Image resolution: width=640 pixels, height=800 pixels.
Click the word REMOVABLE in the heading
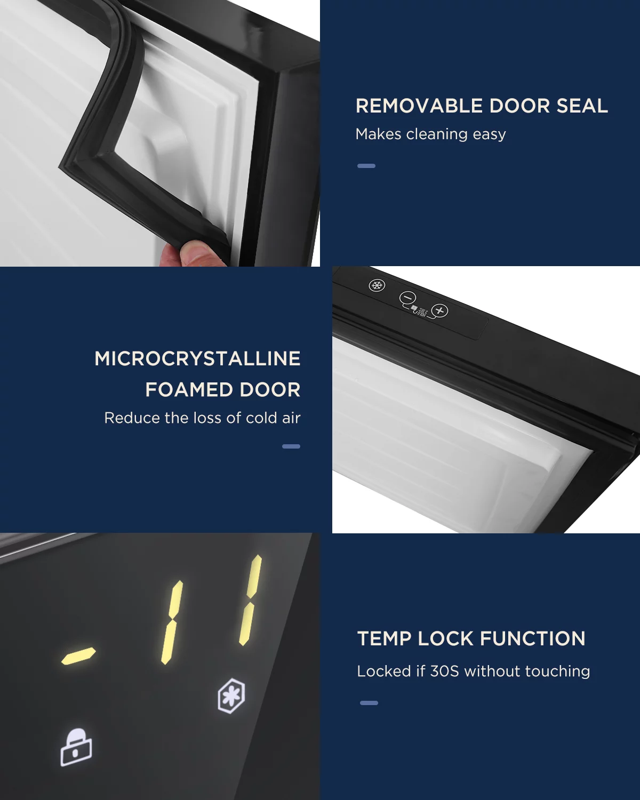click(419, 106)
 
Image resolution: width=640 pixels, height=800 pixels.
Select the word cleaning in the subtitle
click(437, 134)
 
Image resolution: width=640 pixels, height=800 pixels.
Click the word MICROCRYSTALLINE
click(197, 359)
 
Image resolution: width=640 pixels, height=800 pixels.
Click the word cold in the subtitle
click(261, 418)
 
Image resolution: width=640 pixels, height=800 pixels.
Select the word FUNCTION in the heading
click(532, 638)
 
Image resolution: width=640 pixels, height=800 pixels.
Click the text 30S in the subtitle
click(444, 671)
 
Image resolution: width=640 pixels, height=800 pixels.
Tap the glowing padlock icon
click(76, 747)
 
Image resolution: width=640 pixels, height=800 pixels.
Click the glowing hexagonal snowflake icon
click(231, 695)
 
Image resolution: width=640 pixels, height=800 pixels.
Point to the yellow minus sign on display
click(78, 656)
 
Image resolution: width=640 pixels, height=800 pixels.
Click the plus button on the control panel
click(439, 310)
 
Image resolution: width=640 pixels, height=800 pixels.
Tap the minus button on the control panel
click(407, 298)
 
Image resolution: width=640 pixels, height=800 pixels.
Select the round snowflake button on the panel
click(377, 285)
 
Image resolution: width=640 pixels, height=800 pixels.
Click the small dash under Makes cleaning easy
click(366, 166)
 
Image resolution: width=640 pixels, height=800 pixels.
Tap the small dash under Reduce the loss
click(291, 446)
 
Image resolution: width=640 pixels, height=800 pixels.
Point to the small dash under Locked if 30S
click(369, 702)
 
